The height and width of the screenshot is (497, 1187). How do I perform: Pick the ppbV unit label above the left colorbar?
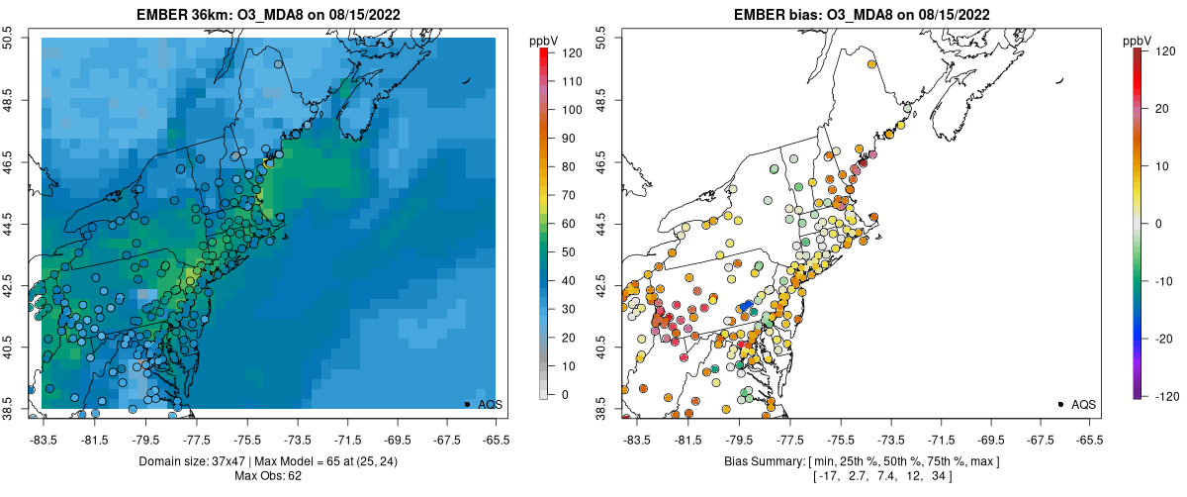[544, 40]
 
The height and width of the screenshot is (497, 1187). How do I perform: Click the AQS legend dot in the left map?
[467, 404]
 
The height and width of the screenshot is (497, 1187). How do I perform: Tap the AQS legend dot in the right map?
[1060, 404]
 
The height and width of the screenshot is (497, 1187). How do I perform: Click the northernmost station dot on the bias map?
[872, 64]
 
